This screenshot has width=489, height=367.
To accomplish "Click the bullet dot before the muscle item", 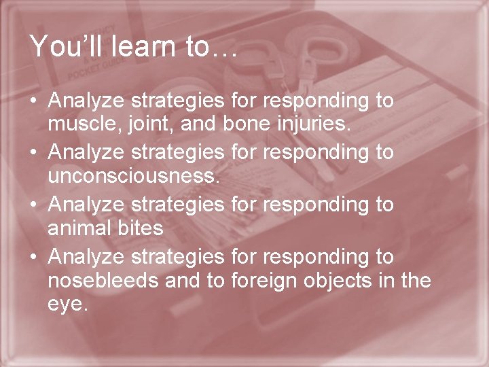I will pos(34,102).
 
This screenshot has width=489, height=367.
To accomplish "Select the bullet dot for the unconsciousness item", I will pos(34,154).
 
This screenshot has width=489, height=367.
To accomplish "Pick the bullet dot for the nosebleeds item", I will pos(34,257).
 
